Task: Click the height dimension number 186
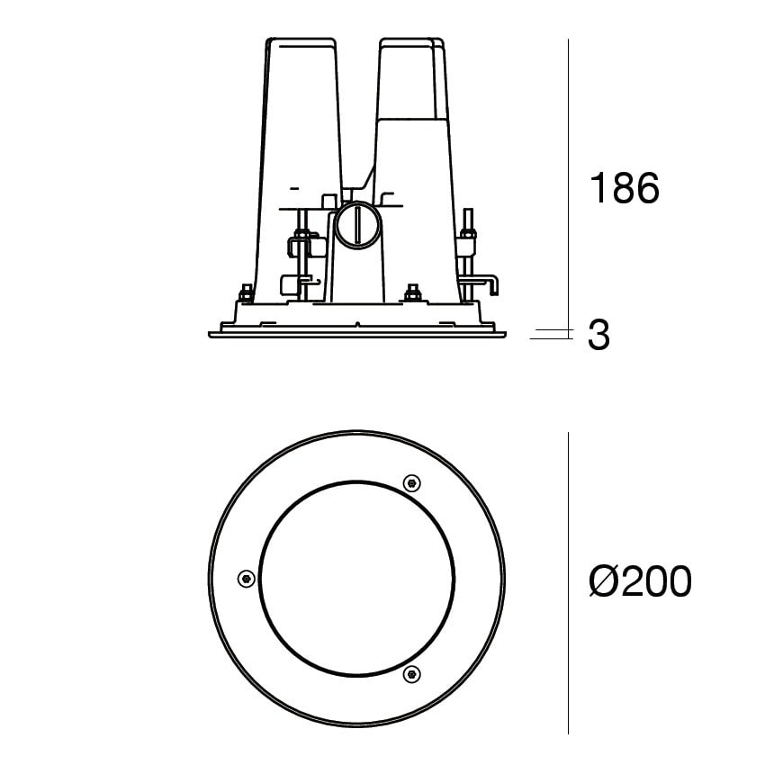625,188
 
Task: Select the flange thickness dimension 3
598,335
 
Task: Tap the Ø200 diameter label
640,580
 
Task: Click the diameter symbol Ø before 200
604,580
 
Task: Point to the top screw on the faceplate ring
412,483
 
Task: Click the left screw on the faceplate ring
247,579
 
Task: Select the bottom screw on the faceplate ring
412,674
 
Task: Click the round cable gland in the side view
357,225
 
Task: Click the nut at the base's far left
246,293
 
